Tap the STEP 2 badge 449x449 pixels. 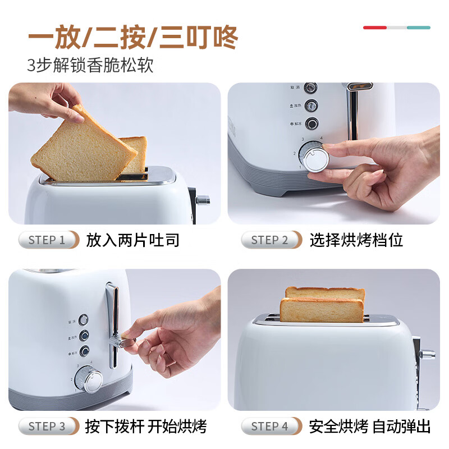[271, 240]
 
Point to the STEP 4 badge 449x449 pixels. [271, 426]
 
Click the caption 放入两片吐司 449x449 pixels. [133, 240]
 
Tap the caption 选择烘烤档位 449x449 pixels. [356, 240]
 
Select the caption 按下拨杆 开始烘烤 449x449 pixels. [146, 426]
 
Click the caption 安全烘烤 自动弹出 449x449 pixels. [370, 426]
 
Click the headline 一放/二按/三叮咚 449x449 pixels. [133, 38]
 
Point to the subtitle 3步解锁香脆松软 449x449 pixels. [90, 65]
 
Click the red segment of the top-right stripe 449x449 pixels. [374, 28]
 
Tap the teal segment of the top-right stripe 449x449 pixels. [419, 28]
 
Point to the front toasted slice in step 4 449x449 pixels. [322, 310]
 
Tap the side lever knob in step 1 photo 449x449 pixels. [203, 199]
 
